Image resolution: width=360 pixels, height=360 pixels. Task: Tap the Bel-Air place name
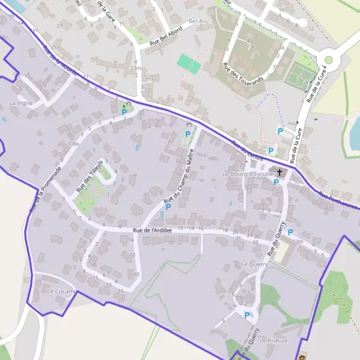pos(197,21)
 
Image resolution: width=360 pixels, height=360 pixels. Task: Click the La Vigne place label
pos(20,103)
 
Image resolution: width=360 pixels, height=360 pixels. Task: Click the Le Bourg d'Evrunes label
pos(250,174)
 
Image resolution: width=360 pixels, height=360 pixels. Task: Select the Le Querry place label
pos(254,264)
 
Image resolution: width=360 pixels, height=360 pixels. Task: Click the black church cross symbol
pos(280,172)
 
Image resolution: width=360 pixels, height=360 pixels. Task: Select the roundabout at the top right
pos(329,59)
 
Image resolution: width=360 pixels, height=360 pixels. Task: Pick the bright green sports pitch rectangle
pos(188,63)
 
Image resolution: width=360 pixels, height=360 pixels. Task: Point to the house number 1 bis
pos(299,241)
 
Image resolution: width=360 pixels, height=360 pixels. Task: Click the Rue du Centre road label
pos(246,146)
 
